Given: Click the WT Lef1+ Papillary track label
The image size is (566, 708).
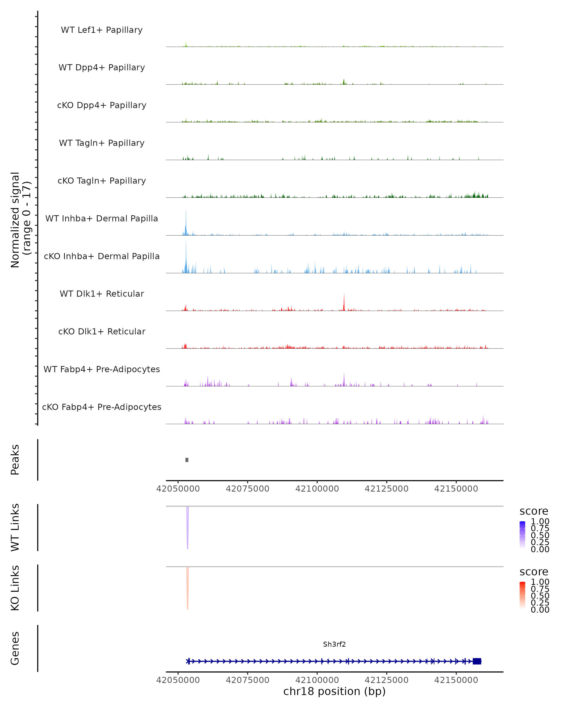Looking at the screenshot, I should [102, 30].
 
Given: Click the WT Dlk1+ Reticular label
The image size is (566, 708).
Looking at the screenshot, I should [102, 294].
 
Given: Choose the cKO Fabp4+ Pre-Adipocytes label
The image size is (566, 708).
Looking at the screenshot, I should [102, 407].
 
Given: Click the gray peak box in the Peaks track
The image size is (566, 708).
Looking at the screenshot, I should [187, 460].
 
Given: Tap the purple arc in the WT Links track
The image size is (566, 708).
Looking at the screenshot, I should [187, 529].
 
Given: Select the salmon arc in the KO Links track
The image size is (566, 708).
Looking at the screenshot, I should [187, 590].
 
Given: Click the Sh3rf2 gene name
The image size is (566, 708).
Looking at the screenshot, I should [334, 644].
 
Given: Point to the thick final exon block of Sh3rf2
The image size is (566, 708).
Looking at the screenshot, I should [477, 661].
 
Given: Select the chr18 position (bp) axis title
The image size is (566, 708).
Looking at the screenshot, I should [334, 691].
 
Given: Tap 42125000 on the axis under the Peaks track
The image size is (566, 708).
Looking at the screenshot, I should [387, 489].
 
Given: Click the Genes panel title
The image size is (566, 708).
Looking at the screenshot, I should [15, 648].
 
